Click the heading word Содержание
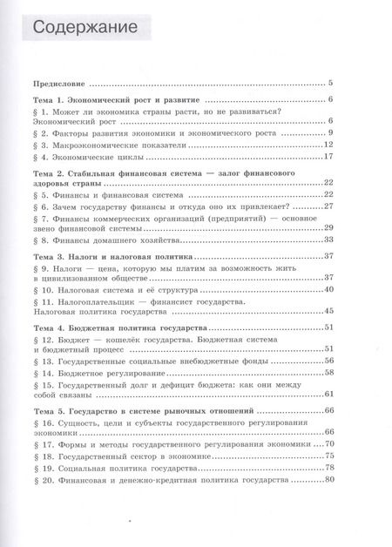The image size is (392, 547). click(x=84, y=29)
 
